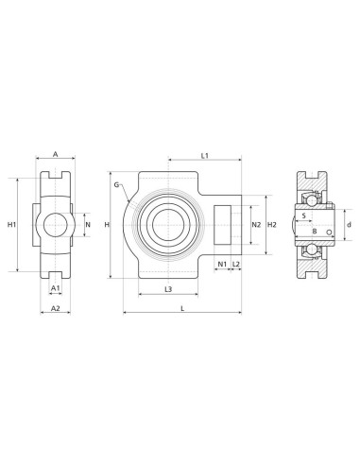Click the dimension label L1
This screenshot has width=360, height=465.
coord(205,155)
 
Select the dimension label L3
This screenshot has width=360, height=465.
coord(168,289)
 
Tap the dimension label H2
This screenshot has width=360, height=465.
coord(272,225)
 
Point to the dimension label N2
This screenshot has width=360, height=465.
coord(257,225)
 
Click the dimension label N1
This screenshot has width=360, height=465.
coord(222,264)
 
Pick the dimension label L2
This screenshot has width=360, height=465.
coord(236,264)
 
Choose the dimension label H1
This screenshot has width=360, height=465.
coord(11,225)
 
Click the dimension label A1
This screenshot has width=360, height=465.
coord(56,287)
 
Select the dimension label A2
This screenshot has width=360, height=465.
coord(56,308)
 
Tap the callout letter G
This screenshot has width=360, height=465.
coord(116,184)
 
